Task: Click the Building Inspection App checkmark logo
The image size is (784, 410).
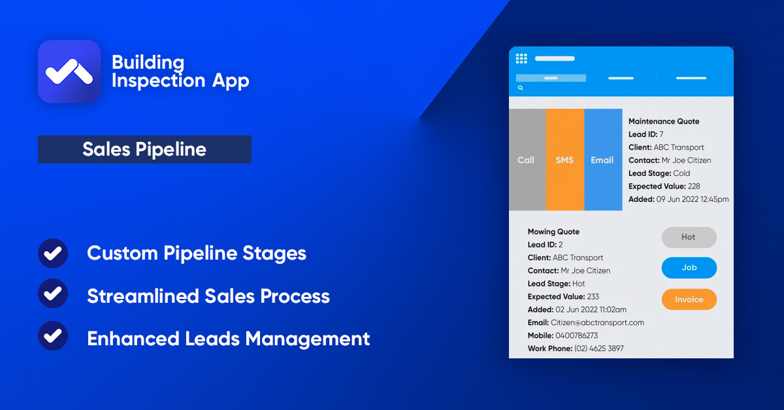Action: [x=69, y=71]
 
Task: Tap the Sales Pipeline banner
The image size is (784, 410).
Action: [x=144, y=149]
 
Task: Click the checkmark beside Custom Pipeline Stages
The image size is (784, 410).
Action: [x=53, y=253]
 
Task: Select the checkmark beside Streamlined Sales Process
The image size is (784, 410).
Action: [x=53, y=296]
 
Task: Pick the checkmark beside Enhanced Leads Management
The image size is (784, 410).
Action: [x=53, y=338]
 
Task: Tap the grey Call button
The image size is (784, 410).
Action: [x=527, y=160]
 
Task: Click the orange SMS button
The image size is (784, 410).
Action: [x=564, y=160]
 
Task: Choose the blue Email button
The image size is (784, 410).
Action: [x=602, y=160]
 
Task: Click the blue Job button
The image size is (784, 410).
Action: [x=689, y=267]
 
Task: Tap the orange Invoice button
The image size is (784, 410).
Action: [x=689, y=299]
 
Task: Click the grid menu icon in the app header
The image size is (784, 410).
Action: [x=521, y=59]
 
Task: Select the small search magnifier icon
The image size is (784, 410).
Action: [x=521, y=88]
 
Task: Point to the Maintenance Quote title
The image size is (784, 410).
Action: [x=664, y=122]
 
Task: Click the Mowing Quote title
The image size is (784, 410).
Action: [x=553, y=231]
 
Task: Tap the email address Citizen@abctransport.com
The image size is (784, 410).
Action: [x=597, y=322]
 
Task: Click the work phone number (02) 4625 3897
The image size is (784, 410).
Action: [x=598, y=349]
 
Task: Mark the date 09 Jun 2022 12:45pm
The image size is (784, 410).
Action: [x=693, y=199]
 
